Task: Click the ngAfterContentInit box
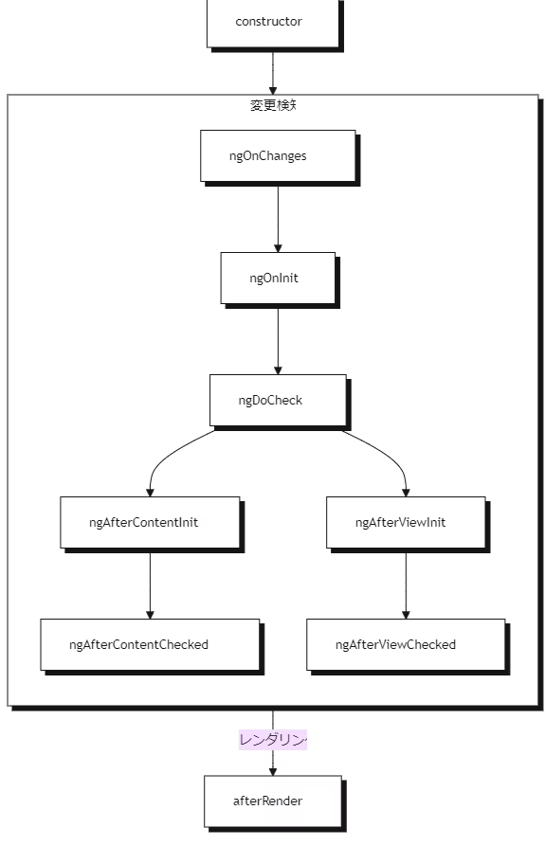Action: (150, 522)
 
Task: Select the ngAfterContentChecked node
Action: (150, 644)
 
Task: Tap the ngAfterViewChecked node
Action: (406, 644)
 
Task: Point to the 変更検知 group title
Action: (273, 105)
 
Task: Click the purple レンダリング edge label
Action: (273, 740)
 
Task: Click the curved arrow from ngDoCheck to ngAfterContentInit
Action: (171, 452)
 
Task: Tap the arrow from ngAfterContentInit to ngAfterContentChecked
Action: (150, 583)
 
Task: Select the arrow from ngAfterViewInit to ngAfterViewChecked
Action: (406, 583)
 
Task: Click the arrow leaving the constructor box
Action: (273, 71)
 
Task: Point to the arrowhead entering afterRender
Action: (273, 770)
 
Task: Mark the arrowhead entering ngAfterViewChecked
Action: (406, 614)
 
